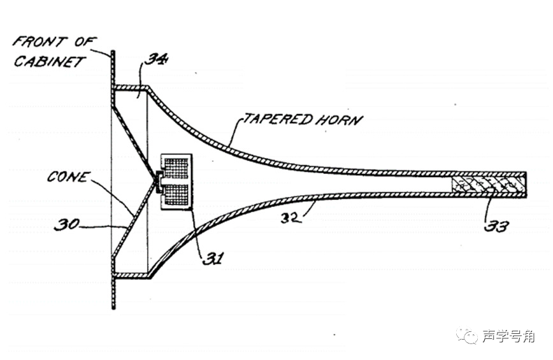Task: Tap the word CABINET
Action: [x=50, y=62]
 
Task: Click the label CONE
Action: [x=67, y=176]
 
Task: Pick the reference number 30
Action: [x=66, y=224]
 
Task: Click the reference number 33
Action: [x=496, y=226]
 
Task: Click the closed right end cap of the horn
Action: [x=524, y=185]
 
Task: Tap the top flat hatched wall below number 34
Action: [x=131, y=87]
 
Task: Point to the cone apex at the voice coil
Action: [x=157, y=181]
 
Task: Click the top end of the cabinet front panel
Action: [x=113, y=53]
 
